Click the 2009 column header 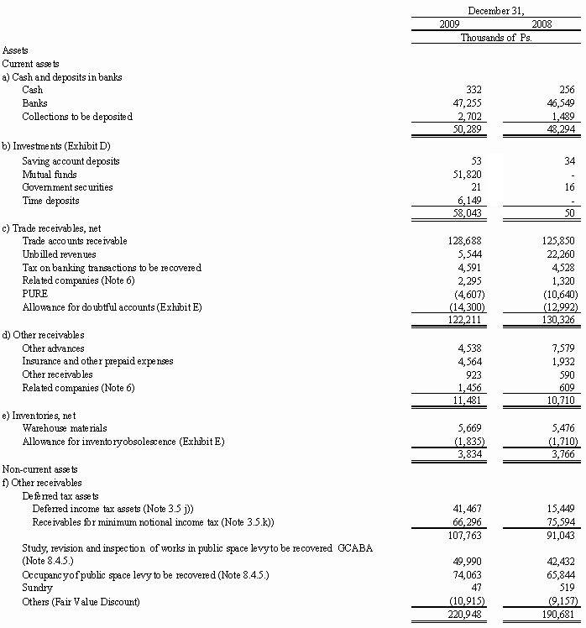[x=450, y=24]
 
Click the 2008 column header [x=542, y=24]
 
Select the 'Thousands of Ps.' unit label [x=496, y=37]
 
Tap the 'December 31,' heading [x=496, y=10]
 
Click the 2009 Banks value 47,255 [x=468, y=102]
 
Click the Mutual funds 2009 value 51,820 [x=468, y=174]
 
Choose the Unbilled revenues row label [x=59, y=254]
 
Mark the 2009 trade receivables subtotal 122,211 [x=466, y=321]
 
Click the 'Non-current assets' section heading [x=39, y=469]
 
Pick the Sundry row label [x=36, y=589]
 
